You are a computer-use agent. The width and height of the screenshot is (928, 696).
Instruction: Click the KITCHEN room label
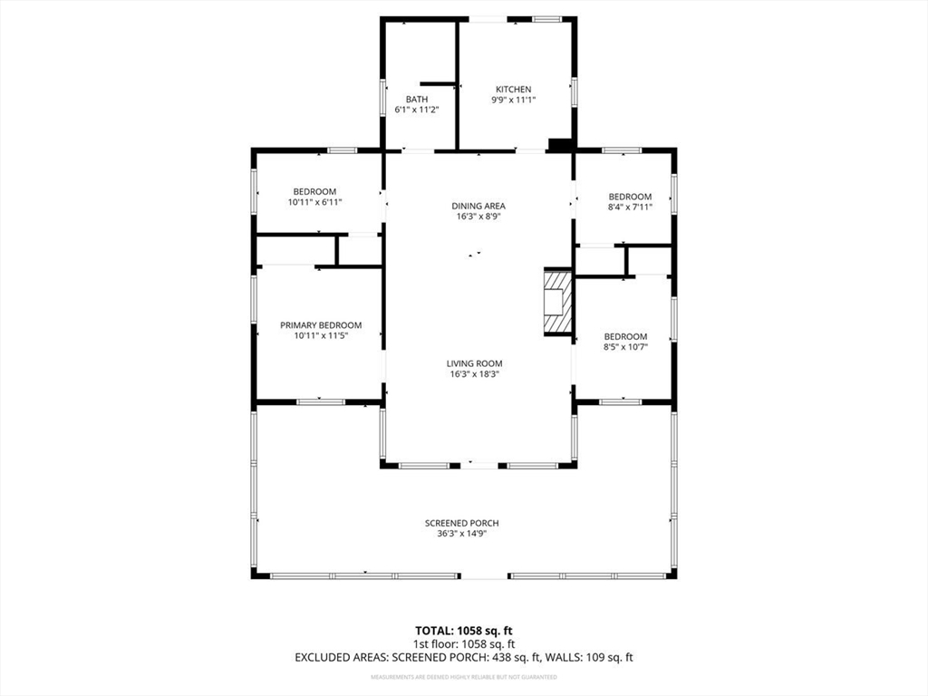pos(513,89)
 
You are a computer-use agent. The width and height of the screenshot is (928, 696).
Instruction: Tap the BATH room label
pos(417,99)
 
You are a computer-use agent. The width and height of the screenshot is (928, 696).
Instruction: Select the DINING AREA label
pos(478,206)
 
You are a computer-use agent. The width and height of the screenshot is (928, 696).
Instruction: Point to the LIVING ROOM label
pos(474,363)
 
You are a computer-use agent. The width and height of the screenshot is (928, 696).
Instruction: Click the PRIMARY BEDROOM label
pos(321,325)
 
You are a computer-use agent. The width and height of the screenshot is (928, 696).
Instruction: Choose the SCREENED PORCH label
pos(462,523)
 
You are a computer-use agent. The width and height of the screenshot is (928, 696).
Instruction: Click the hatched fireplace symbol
pos(558,303)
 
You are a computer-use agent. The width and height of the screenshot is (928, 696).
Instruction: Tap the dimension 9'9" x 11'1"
pos(513,100)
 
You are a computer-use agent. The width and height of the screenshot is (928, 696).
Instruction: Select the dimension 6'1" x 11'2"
pos(417,110)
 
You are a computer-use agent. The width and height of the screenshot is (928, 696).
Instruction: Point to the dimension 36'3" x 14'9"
pos(462,534)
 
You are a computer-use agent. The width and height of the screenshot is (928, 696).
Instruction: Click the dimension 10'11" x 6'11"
pos(314,202)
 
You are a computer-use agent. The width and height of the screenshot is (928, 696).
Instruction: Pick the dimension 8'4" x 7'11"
pos(630,207)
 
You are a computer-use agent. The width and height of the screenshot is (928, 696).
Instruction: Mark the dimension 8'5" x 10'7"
pos(625,346)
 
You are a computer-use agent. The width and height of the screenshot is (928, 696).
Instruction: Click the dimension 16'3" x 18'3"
pos(474,373)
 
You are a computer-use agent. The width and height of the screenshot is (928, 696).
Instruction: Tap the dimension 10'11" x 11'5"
pos(321,335)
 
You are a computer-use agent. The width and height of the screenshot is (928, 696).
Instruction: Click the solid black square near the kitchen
pos(561,144)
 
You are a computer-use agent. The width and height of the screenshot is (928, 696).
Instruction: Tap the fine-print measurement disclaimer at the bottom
pos(464,677)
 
